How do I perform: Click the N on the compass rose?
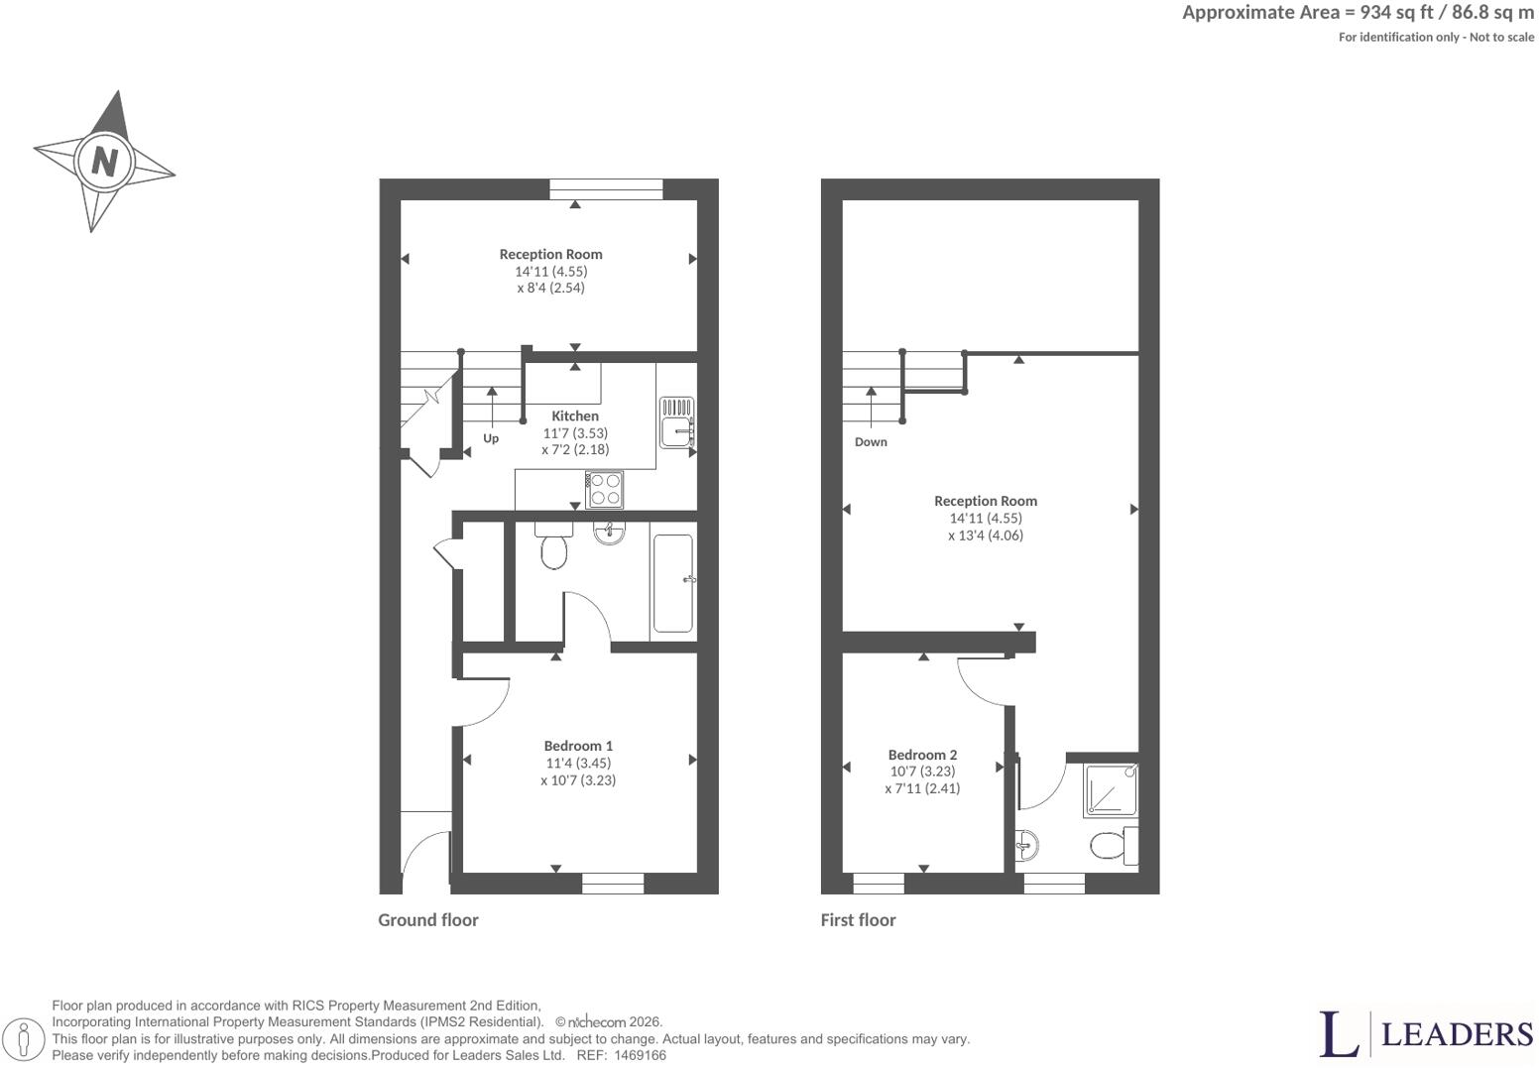coord(104,162)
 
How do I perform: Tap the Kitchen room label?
coord(575,416)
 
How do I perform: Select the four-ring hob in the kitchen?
coord(605,489)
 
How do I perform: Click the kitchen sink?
coord(676,422)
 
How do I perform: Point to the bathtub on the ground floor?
coord(673,582)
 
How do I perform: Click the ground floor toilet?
coord(553,545)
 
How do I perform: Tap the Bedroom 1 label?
coord(578,746)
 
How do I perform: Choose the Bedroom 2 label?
coord(922,755)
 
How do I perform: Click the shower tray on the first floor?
coord(1111,790)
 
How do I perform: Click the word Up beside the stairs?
coord(491,438)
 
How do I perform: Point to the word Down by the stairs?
coord(871,441)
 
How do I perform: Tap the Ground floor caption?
coord(428,920)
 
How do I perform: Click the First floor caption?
coord(858,920)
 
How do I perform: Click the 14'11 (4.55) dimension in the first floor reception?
coord(986,518)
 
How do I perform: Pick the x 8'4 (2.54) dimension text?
coord(551,288)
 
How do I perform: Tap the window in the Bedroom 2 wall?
coord(879,884)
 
